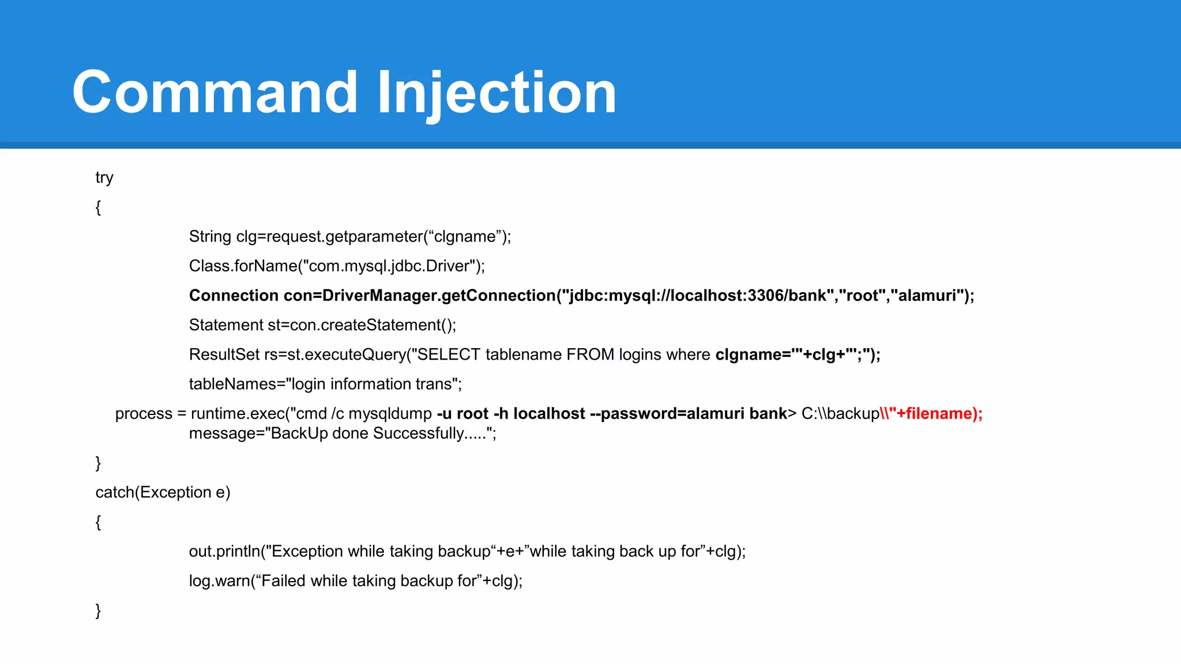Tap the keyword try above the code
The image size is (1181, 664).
pos(104,178)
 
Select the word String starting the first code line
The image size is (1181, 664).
pos(210,237)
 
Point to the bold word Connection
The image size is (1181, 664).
pos(234,296)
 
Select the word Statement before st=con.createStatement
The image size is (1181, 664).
pos(226,325)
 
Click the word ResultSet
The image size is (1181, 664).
pos(224,354)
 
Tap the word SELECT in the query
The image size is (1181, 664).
pos(449,354)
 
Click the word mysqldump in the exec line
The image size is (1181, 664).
pos(390,414)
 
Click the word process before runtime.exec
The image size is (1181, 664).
pos(144,414)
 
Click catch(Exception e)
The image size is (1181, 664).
pos(163,492)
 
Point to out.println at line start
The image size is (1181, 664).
pos(224,552)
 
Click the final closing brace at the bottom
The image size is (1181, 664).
pos(98,610)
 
